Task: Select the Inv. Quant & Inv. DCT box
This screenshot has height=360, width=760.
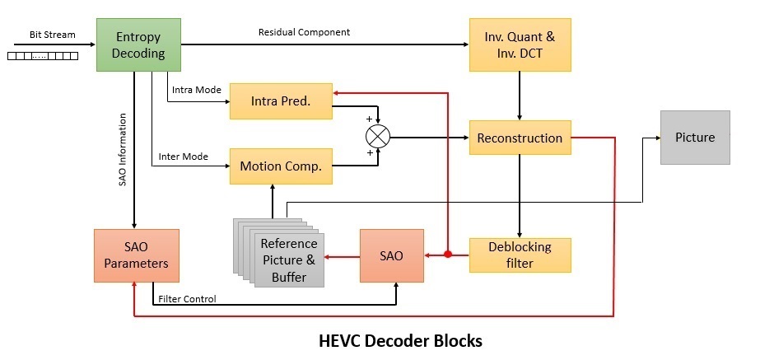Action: coord(520,44)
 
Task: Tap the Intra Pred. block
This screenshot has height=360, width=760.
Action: coord(280,101)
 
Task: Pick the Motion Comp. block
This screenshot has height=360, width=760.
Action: coord(280,166)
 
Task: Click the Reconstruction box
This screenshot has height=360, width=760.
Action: coord(520,138)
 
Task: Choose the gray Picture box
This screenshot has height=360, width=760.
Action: coord(694,137)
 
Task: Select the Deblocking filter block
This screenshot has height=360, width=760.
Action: coord(520,255)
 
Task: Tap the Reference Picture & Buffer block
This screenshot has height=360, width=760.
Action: coord(288,259)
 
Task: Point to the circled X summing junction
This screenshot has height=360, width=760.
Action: coord(378,135)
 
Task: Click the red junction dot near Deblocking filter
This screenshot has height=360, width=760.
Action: coord(447,255)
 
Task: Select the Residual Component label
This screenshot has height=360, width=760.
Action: coord(304,32)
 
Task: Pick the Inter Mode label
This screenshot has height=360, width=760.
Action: coord(184,156)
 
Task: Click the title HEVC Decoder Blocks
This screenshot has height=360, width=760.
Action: coord(400,339)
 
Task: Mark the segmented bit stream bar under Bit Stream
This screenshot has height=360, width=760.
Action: coord(42,56)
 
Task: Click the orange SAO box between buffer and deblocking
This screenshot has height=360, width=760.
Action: coord(391,255)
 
